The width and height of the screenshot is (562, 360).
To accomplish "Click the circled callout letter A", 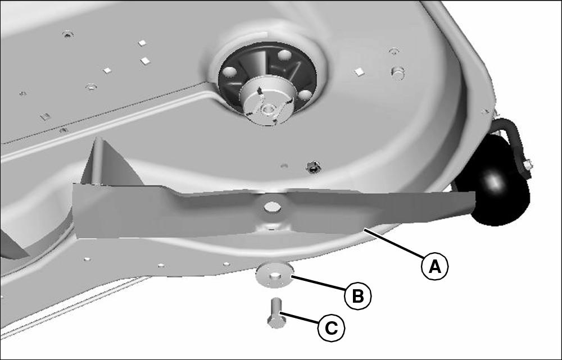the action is click(x=435, y=267).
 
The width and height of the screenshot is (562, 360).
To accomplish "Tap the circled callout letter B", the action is click(x=357, y=296).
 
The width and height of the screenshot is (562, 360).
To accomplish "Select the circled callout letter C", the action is click(x=331, y=328).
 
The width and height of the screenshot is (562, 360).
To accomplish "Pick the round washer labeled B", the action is click(x=275, y=275).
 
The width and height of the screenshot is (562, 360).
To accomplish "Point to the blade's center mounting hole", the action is click(x=273, y=207).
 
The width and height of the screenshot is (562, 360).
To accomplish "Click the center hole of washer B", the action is click(x=275, y=276).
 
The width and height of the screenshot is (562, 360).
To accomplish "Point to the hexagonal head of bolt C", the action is click(x=277, y=322).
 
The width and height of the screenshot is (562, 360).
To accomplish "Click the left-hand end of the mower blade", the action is click(x=75, y=211).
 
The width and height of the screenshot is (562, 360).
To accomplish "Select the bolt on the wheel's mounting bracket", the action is click(x=528, y=165).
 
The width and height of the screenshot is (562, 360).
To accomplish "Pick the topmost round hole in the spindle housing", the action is click(x=285, y=55).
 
